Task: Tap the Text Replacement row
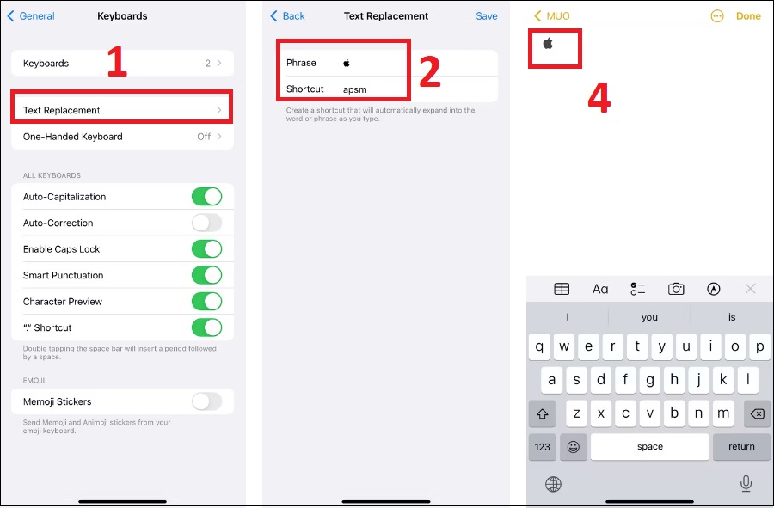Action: click(x=122, y=110)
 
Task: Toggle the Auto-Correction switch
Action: click(x=206, y=223)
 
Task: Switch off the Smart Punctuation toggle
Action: click(x=206, y=275)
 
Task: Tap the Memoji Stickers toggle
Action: click(x=206, y=401)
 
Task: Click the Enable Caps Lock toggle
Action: click(x=206, y=249)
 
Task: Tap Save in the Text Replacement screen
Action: click(x=486, y=16)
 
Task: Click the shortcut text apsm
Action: click(x=355, y=89)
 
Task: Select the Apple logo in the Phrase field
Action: click(x=347, y=63)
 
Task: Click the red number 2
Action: click(x=429, y=71)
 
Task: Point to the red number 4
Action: click(x=599, y=98)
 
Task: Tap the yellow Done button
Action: click(x=748, y=16)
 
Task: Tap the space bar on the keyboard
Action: click(x=649, y=446)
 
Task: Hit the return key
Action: click(x=741, y=446)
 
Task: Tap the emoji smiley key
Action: click(x=573, y=446)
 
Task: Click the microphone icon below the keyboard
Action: click(x=746, y=484)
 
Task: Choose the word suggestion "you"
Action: click(x=649, y=318)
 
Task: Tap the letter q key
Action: click(x=539, y=346)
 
